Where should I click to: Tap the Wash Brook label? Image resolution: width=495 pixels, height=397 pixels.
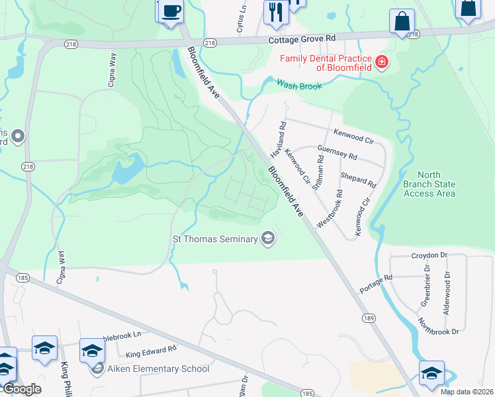299,86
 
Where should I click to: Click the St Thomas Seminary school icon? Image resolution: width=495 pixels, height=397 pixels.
268,238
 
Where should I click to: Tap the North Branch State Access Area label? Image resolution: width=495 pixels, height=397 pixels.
429,185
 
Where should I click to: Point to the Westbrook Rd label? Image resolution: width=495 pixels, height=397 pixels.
329,210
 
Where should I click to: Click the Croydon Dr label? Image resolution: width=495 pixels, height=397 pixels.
430,255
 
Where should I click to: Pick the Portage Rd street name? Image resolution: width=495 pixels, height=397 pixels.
376,283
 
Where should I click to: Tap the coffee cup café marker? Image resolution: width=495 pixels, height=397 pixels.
171,11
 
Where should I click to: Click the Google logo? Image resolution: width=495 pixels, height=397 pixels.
22,389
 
